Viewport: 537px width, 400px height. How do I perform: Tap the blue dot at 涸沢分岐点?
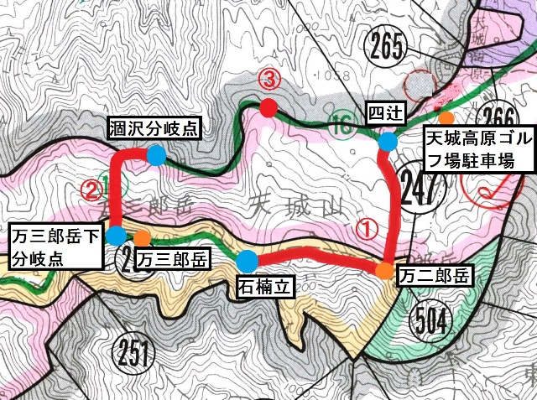pyautogui.click(x=156, y=155)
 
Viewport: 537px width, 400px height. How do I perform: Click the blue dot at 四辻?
pyautogui.click(x=388, y=142)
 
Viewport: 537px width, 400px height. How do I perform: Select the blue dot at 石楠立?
pyautogui.click(x=248, y=259)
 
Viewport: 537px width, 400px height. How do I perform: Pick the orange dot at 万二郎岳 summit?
pyautogui.click(x=383, y=270)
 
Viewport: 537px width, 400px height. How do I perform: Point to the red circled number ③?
pyautogui.click(x=268, y=81)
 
